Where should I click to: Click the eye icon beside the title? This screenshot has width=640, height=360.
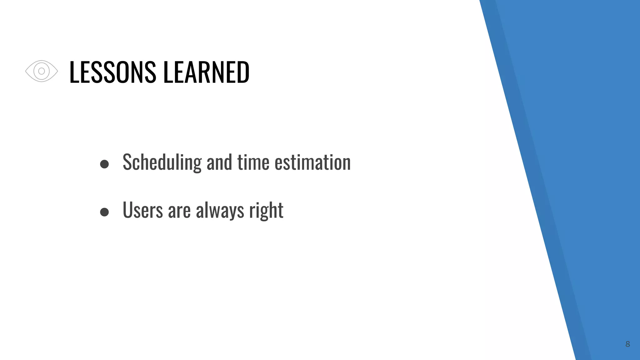[42, 71]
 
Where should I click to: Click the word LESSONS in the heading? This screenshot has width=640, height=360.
[112, 72]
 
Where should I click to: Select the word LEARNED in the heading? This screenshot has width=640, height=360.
[206, 72]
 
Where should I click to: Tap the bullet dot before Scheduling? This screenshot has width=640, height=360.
[104, 164]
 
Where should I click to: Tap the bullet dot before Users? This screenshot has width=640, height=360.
[104, 212]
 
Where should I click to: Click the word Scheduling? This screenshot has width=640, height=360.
[162, 162]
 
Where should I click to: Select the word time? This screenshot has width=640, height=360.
[253, 162]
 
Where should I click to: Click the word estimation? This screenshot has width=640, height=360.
[312, 162]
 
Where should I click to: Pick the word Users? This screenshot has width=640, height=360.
[143, 210]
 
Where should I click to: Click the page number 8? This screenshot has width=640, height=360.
[627, 344]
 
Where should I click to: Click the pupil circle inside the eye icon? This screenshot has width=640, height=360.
[42, 71]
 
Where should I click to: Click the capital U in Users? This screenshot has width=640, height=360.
[127, 210]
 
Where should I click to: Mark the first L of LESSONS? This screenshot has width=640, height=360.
[73, 72]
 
